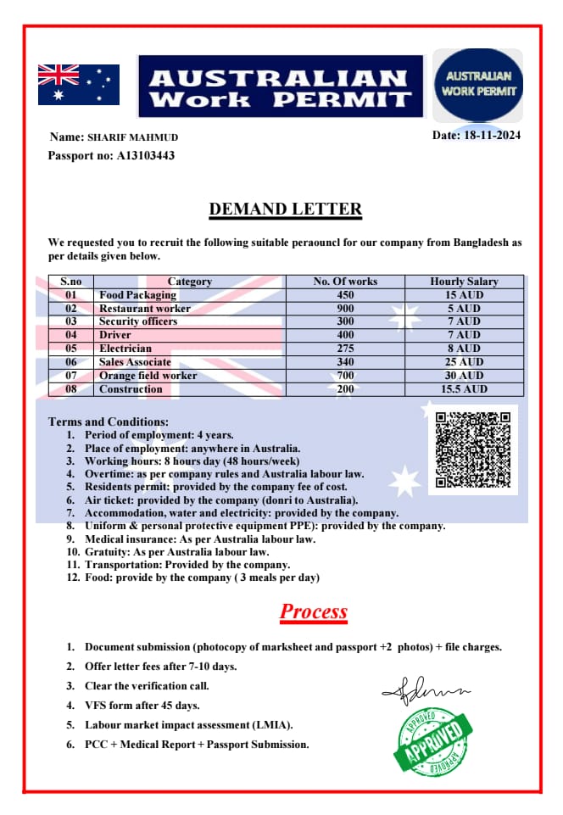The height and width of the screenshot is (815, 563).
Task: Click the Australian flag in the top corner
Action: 79,84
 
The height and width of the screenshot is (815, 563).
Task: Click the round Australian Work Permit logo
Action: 478,85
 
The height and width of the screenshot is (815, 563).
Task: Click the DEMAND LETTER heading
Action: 286,209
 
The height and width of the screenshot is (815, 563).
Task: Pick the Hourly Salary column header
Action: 464,282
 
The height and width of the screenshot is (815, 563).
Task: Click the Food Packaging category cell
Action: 137,295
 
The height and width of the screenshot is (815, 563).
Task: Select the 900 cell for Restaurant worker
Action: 345,309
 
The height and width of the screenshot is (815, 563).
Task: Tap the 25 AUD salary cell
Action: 464,362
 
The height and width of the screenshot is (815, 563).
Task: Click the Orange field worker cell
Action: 148,376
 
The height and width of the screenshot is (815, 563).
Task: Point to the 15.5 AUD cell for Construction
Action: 464,389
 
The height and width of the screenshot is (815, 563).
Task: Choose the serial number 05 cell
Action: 70,349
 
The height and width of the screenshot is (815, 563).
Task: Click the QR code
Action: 472,449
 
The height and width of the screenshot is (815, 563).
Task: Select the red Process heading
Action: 314,611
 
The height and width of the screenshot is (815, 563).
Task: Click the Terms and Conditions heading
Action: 109,421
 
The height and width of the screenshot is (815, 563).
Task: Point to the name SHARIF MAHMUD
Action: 132,137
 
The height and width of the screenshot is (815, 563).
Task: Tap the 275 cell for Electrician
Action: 345,349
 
